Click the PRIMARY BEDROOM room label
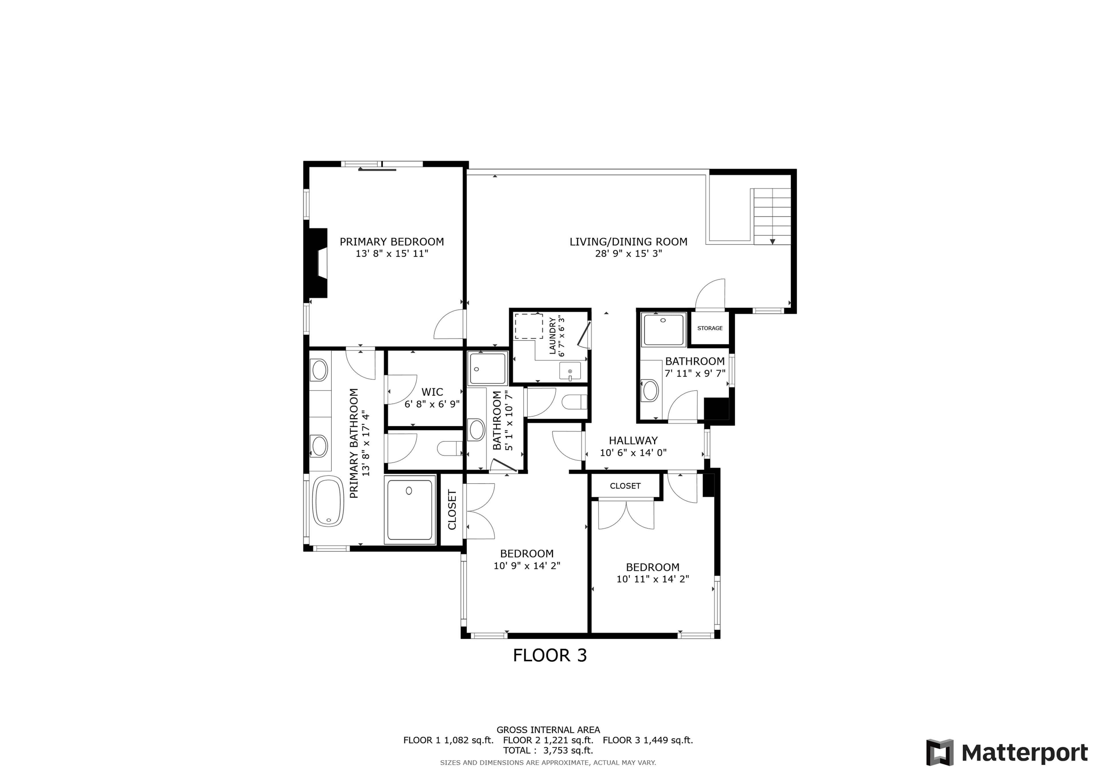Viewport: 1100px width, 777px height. (392, 242)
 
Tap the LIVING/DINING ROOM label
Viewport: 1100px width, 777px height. (628, 242)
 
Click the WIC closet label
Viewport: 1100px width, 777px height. (432, 392)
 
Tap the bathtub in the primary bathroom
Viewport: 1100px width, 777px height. (328, 501)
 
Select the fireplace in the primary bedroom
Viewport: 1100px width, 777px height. (316, 263)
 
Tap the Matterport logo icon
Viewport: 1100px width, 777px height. (940, 753)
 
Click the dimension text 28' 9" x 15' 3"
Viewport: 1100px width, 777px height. (628, 254)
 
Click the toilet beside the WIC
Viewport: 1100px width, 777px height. (449, 448)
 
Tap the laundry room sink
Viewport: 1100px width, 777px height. (570, 371)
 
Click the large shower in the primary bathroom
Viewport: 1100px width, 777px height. (410, 510)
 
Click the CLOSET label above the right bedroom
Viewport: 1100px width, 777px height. (625, 486)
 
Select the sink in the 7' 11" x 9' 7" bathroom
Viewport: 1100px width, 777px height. (650, 390)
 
